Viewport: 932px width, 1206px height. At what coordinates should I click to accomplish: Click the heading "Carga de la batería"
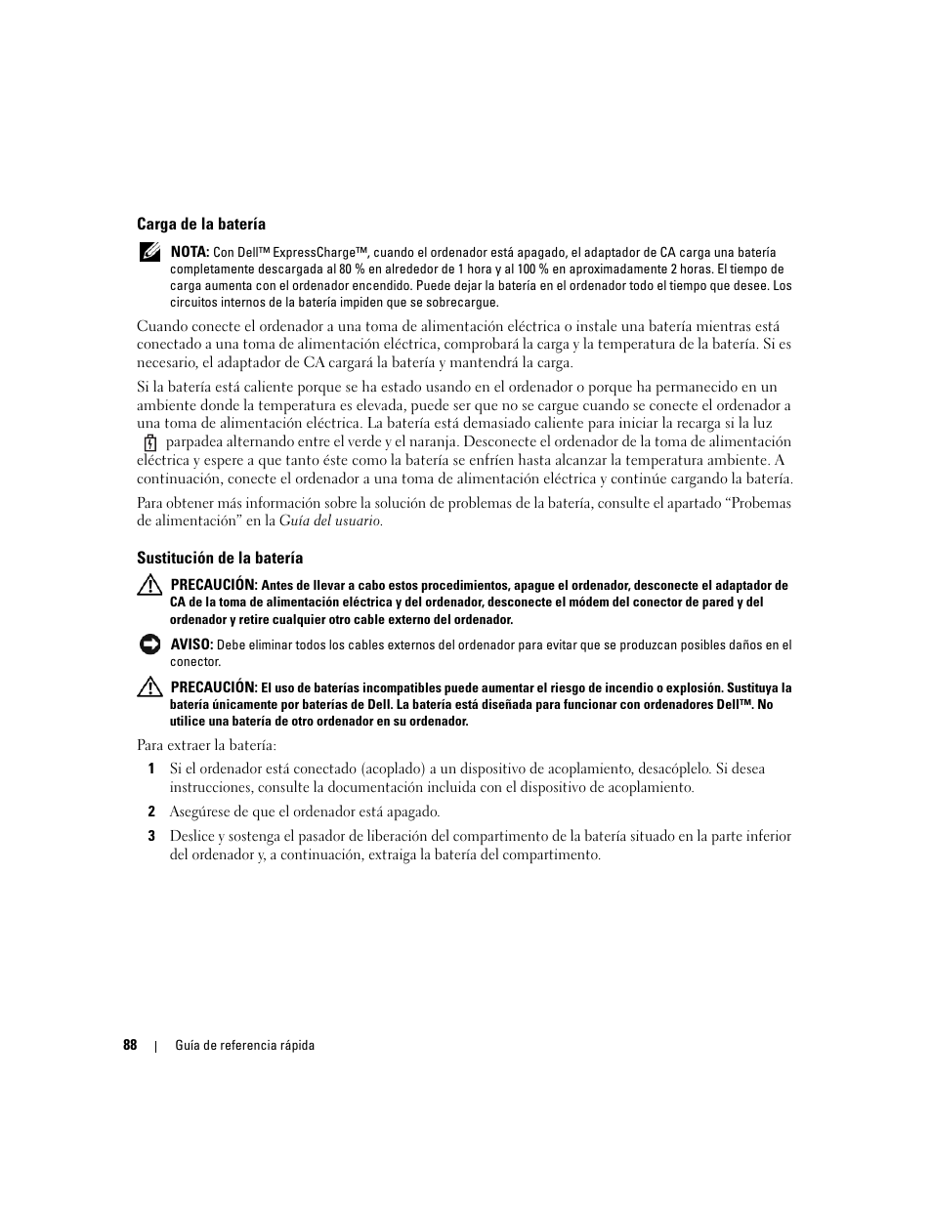coord(200,224)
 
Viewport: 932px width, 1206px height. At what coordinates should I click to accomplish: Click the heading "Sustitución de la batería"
coord(219,558)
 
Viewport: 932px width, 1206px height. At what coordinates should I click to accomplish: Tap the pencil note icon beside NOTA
coord(148,252)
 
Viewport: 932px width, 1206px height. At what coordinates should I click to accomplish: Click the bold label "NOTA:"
coord(190,252)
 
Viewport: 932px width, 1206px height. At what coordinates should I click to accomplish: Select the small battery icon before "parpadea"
coord(150,442)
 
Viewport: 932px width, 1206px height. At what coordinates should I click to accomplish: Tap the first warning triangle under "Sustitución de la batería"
coord(148,586)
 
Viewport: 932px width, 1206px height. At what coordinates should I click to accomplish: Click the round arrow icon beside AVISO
coord(148,645)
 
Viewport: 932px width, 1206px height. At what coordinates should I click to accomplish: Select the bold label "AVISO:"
coord(191,645)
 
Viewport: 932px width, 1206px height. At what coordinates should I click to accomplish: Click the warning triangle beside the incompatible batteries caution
coord(148,687)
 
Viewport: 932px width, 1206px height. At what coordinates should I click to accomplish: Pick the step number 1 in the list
coord(151,769)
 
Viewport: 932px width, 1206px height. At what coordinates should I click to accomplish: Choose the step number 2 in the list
coord(151,811)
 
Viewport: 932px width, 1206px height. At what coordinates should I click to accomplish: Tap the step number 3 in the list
coord(151,836)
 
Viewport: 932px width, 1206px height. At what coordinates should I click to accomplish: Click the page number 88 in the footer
coord(130,1045)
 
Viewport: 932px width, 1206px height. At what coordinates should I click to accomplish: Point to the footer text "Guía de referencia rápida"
coord(244,1045)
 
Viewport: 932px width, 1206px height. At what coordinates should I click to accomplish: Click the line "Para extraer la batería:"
coord(206,745)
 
